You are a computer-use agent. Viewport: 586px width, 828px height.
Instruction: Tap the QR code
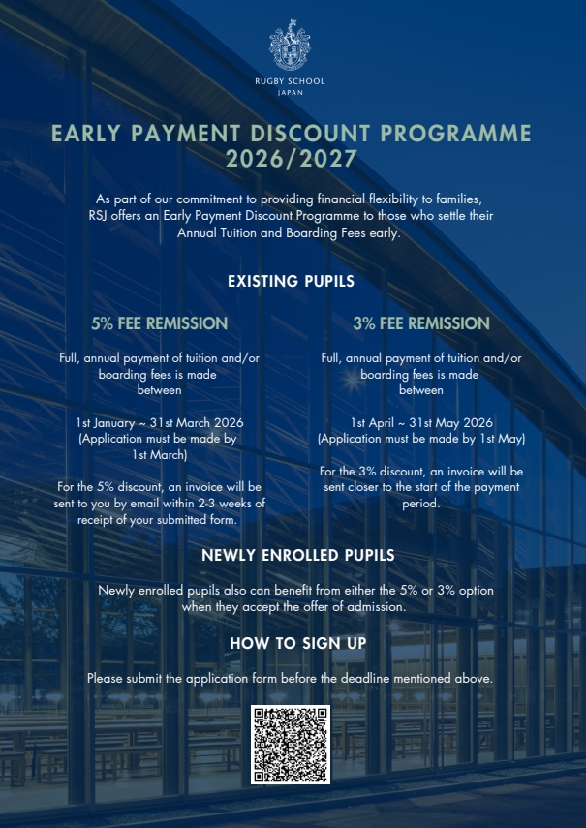pyautogui.click(x=291, y=745)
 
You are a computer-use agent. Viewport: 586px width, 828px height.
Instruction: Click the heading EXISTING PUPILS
pyautogui.click(x=291, y=282)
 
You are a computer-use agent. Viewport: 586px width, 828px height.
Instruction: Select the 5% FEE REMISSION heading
pyautogui.click(x=160, y=323)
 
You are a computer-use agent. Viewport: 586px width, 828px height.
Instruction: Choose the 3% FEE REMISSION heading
pyautogui.click(x=421, y=323)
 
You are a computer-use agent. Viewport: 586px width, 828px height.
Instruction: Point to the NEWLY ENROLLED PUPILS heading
pyautogui.click(x=292, y=556)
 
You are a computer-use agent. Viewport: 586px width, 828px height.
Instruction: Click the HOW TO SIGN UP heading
pyautogui.click(x=291, y=643)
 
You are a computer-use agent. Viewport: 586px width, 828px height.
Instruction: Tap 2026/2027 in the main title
pyautogui.click(x=292, y=158)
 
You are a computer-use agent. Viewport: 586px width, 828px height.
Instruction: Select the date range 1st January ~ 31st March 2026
pyautogui.click(x=160, y=423)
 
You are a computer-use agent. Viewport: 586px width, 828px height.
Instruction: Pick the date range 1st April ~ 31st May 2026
pyautogui.click(x=421, y=423)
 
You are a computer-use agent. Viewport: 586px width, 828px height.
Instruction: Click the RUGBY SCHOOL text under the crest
pyautogui.click(x=291, y=81)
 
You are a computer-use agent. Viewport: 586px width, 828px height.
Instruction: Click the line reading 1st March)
pyautogui.click(x=160, y=454)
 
